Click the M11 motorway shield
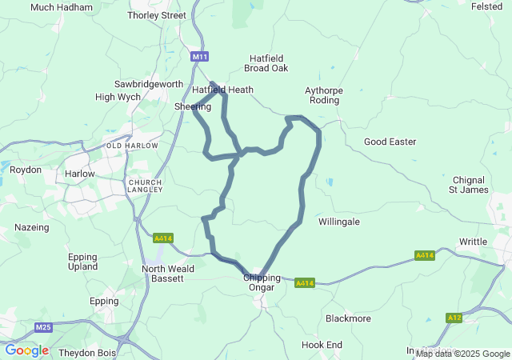[199, 57]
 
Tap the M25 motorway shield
[44, 327]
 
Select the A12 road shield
[454, 318]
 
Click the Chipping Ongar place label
[262, 282]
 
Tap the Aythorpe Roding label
[324, 96]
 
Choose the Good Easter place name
[390, 142]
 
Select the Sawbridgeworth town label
[149, 84]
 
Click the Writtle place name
[473, 241]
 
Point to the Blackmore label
[348, 318]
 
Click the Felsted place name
[486, 6]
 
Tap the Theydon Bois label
[87, 352]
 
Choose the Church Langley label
[146, 186]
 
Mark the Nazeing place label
[32, 227]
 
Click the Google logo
[26, 350]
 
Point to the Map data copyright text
[462, 354]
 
